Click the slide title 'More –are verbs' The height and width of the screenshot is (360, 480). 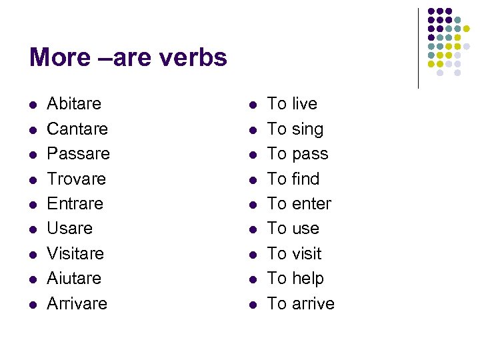coord(128,58)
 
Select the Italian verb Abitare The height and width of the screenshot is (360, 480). coord(74,104)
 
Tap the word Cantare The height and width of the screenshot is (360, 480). coord(77,129)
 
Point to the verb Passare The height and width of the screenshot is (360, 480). coord(78,154)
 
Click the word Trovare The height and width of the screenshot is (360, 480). coord(76,179)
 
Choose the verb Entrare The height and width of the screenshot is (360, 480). coord(75,203)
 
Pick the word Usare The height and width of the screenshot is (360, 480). coord(69,229)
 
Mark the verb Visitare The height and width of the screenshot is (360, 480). coord(75,253)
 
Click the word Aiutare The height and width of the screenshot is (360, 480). coord(74,278)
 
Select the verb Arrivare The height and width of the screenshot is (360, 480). coord(77,303)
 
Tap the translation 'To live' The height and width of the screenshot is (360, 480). coord(292,104)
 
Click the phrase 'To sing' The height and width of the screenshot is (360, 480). coord(295,129)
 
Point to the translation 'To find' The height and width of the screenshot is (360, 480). coord(293,179)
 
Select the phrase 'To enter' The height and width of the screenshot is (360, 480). coord(299,203)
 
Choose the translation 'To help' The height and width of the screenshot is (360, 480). coord(295,278)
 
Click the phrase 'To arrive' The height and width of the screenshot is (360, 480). coord(301,303)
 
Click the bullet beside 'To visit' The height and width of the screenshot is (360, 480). coord(253,255)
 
